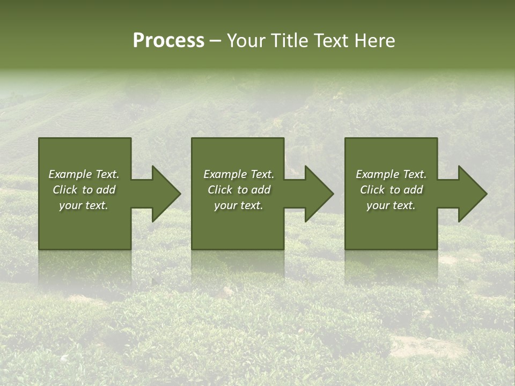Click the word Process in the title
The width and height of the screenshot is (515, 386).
click(168, 41)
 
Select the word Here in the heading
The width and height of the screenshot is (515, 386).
click(374, 41)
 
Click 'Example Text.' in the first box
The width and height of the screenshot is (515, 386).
click(84, 174)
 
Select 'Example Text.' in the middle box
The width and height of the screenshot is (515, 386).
click(238, 174)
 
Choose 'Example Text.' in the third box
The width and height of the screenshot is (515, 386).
click(391, 174)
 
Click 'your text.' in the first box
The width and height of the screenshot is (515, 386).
click(84, 205)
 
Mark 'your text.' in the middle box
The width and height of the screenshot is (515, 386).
click(238, 205)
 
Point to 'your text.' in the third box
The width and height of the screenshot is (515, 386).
click(391, 205)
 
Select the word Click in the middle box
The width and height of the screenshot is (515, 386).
click(220, 190)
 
